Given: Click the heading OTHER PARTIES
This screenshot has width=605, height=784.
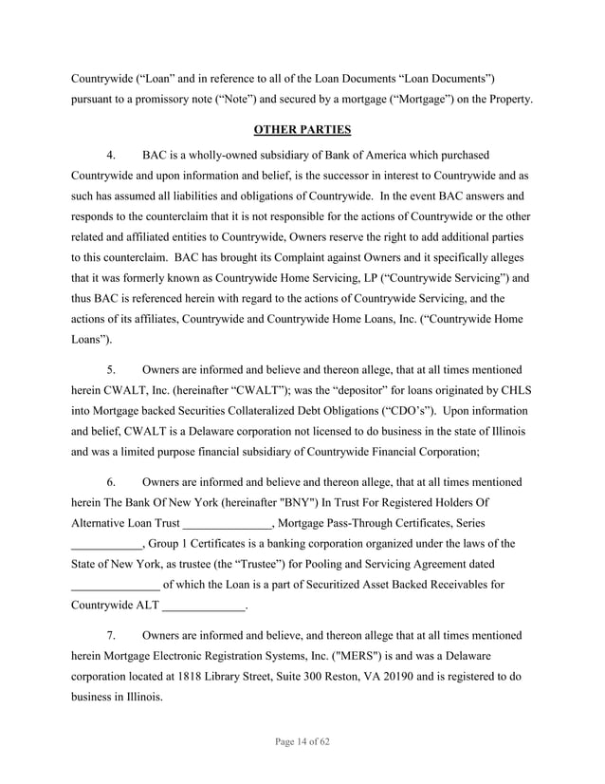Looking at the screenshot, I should point(302,129).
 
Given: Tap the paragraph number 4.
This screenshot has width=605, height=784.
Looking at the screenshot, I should point(111,154).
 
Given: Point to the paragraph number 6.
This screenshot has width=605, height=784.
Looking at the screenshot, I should point(111,483).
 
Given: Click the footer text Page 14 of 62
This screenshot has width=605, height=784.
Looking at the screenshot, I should point(302,742).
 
